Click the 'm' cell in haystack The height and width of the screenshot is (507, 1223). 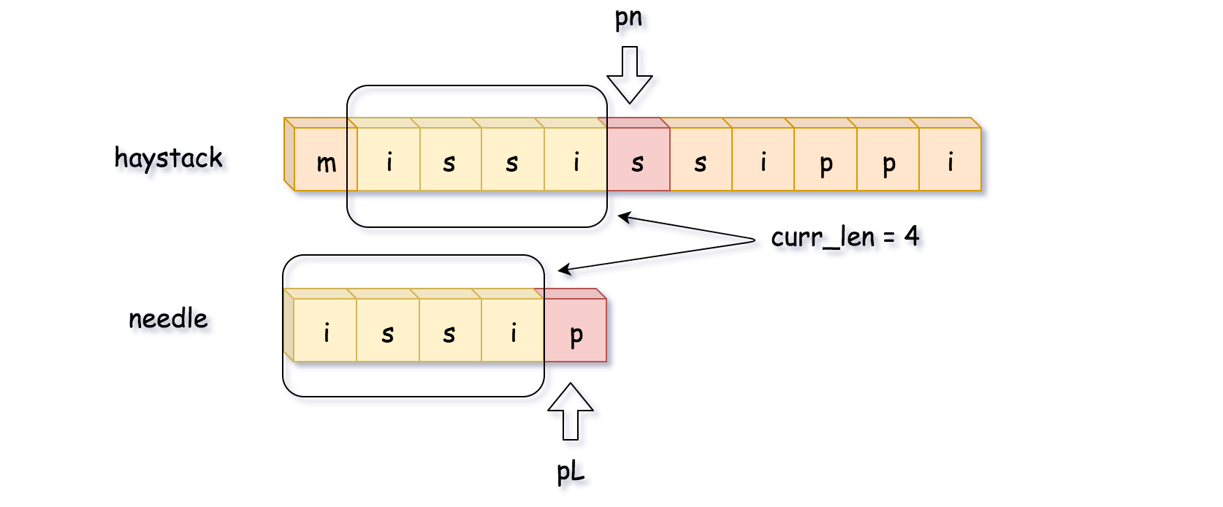pyautogui.click(x=325, y=160)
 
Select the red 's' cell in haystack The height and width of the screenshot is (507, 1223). pyautogui.click(x=638, y=160)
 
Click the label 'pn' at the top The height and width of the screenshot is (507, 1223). pyautogui.click(x=628, y=18)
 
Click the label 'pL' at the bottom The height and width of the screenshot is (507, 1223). pyautogui.click(x=571, y=472)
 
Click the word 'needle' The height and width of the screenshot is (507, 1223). pyautogui.click(x=168, y=319)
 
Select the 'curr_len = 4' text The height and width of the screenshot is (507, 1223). pyautogui.click(x=845, y=237)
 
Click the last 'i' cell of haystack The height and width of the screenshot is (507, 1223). pyautogui.click(x=950, y=160)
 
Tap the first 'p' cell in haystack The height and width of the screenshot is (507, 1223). pyautogui.click(x=826, y=160)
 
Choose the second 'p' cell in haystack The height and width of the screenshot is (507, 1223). pyautogui.click(x=888, y=160)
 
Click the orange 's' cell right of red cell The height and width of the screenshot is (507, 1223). pyautogui.click(x=701, y=160)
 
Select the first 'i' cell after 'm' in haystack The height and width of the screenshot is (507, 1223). pyautogui.click(x=389, y=160)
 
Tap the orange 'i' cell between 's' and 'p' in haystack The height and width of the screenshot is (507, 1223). pyautogui.click(x=763, y=160)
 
